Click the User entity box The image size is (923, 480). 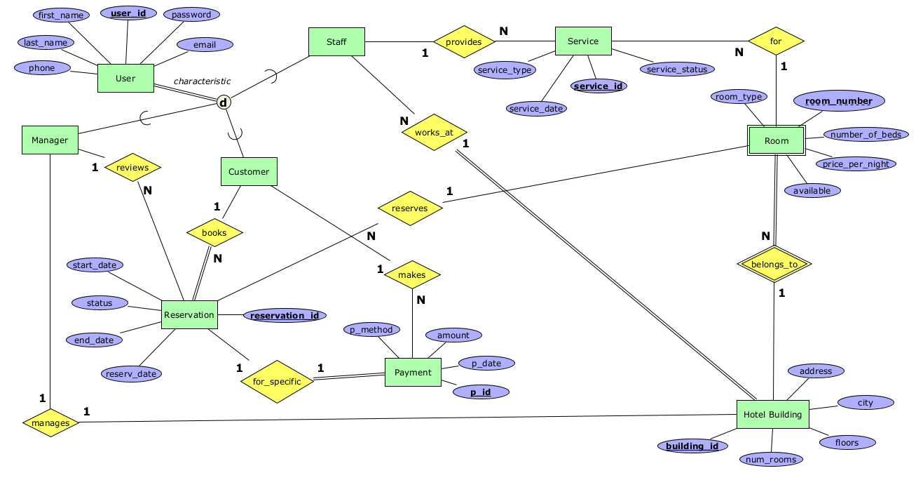pyautogui.click(x=125, y=78)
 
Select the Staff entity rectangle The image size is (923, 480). pyautogui.click(x=336, y=42)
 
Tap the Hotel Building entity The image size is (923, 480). pyautogui.click(x=772, y=414)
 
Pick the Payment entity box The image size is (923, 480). pyautogui.click(x=413, y=372)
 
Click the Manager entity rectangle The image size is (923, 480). pyautogui.click(x=50, y=140)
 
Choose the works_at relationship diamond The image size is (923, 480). pyautogui.click(x=435, y=132)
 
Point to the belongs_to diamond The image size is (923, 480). pyautogui.click(x=774, y=265)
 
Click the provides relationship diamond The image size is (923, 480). pyautogui.click(x=463, y=42)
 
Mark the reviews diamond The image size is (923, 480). pyautogui.click(x=132, y=168)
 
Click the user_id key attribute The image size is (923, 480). pyautogui.click(x=128, y=13)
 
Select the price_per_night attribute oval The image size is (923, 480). pyautogui.click(x=856, y=164)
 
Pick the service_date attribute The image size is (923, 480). pyautogui.click(x=537, y=109)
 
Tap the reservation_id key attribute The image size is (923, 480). pyautogui.click(x=285, y=316)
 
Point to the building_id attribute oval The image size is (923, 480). pyautogui.click(x=692, y=446)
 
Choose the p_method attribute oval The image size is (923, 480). pyautogui.click(x=372, y=330)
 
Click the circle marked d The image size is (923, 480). pyautogui.click(x=224, y=103)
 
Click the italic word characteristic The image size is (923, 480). pyautogui.click(x=202, y=81)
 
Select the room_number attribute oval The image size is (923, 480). pyautogui.click(x=839, y=101)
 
